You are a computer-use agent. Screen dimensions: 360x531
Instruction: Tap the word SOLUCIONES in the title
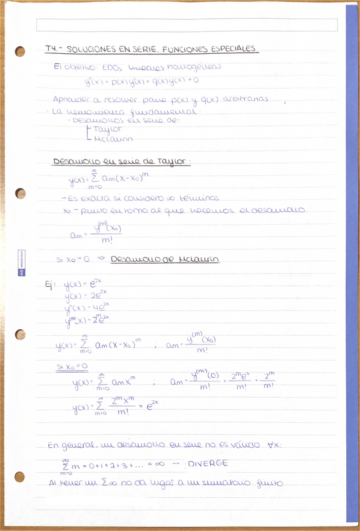(x=90, y=49)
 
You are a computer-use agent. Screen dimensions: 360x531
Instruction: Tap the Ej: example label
(x=50, y=285)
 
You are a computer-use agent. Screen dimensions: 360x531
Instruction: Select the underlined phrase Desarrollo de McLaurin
(x=165, y=259)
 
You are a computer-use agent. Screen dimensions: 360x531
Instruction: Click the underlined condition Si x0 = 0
(x=72, y=366)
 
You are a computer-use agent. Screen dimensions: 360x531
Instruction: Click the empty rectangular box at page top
(x=187, y=25)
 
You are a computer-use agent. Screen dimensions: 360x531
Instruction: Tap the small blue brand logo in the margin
(x=21, y=263)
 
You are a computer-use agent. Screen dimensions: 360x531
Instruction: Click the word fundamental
(x=165, y=111)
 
